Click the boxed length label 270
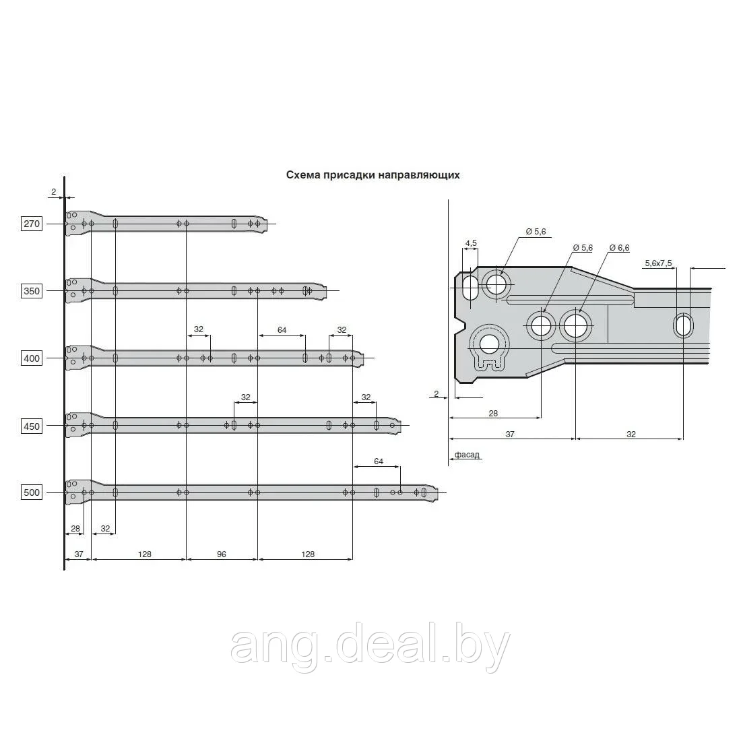click(x=32, y=223)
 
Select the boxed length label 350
click(x=32, y=290)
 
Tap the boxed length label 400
click(x=32, y=358)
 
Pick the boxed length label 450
click(x=32, y=426)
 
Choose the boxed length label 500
click(x=32, y=492)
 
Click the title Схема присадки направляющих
click(x=373, y=175)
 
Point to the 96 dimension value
click(x=222, y=554)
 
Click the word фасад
click(x=467, y=455)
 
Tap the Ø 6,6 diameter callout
click(x=619, y=248)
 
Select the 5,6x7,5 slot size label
click(x=658, y=263)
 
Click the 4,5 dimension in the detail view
click(x=471, y=243)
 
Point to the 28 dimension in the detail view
click(x=493, y=413)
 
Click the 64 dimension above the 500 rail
click(x=379, y=461)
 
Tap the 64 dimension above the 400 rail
click(x=282, y=329)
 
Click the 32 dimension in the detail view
click(x=631, y=434)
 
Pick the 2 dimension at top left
click(x=53, y=191)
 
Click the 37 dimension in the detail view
click(x=509, y=434)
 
